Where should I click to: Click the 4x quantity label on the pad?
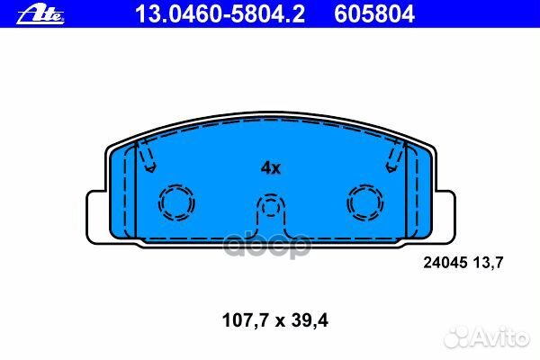coord(270,167)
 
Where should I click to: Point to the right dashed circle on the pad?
coord(364,202)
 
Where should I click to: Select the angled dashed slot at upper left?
coord(148,158)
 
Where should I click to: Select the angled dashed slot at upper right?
coord(392,158)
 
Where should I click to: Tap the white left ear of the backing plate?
coord(97,215)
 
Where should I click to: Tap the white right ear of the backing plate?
coord(443,215)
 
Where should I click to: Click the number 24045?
coord(442,263)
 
